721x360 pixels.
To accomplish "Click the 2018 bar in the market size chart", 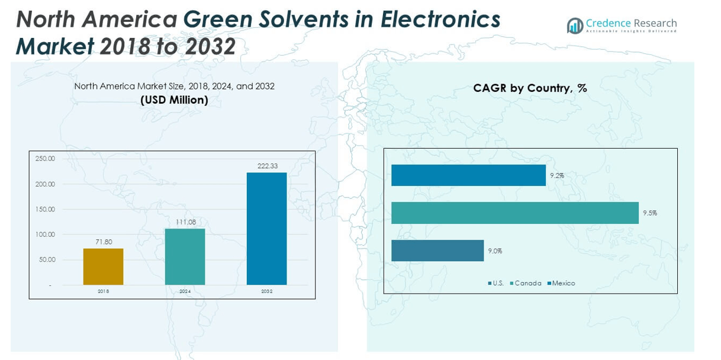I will click(103, 266).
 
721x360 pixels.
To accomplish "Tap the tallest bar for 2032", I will click(266, 229).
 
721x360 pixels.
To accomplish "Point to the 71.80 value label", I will click(104, 242).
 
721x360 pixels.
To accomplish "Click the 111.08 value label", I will click(185, 222).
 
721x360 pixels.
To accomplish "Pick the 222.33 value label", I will click(268, 166).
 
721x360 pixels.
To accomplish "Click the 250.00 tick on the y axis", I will click(45, 159).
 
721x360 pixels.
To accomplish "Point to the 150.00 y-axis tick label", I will click(45, 209).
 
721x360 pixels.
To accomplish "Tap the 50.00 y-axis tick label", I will click(47, 259).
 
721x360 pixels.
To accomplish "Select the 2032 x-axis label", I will click(267, 291).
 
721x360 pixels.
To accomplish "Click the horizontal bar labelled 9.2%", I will click(468, 175).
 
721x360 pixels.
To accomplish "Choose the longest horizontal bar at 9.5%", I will click(514, 213).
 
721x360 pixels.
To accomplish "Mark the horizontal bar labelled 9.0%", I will click(437, 250).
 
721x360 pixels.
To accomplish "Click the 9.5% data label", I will click(650, 213).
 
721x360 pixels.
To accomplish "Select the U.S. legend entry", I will click(496, 283).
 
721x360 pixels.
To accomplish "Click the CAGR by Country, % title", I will click(530, 88).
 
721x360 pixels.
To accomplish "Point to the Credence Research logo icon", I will click(575, 25).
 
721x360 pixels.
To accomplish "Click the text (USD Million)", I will click(174, 100).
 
